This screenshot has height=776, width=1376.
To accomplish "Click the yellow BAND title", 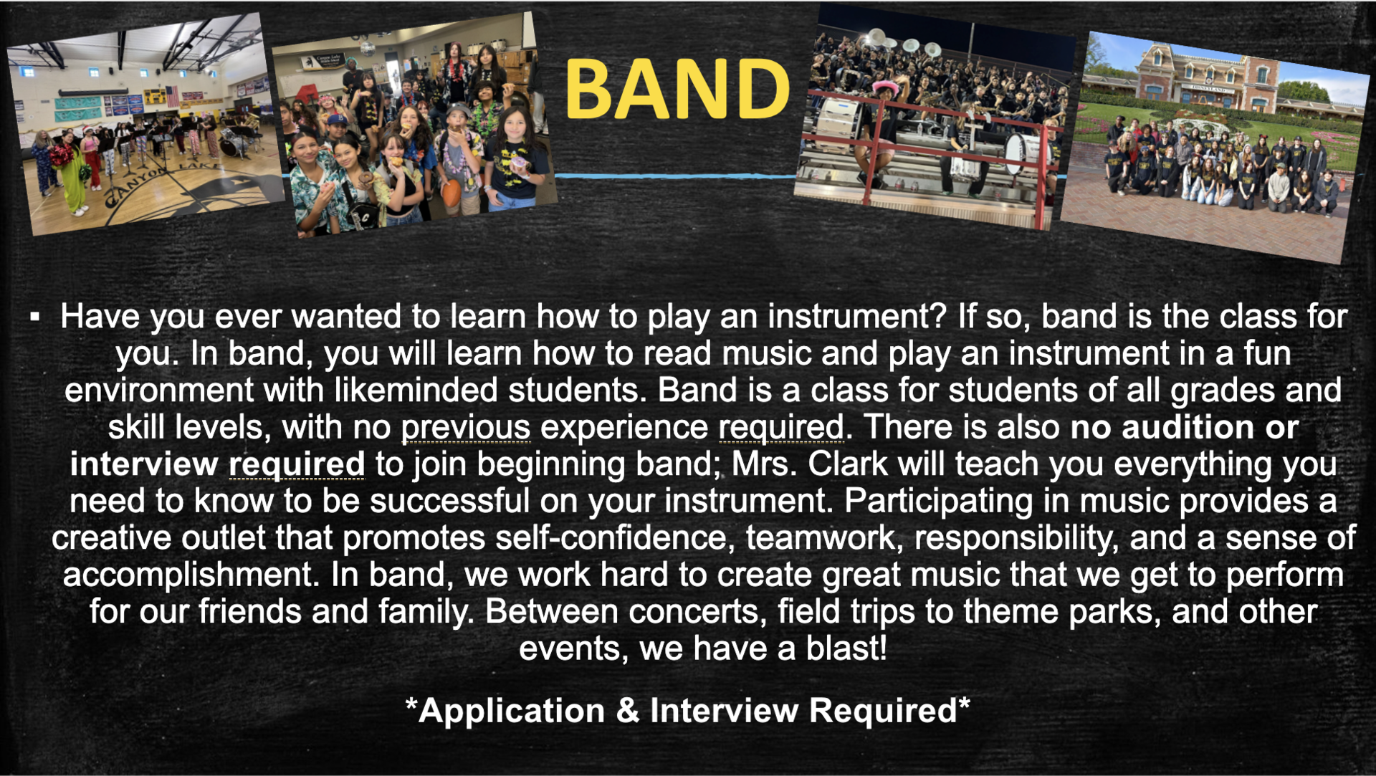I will pos(677,90).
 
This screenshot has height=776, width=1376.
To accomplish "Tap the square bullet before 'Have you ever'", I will pos(34,316).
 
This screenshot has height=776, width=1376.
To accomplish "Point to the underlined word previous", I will pos(465,428).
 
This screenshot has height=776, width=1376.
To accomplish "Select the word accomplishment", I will pos(191,575).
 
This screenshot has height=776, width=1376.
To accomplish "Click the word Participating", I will pos(938,501).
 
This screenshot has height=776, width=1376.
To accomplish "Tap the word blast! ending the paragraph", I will pos(846,649).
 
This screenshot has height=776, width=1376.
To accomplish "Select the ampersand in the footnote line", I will pos(628,711).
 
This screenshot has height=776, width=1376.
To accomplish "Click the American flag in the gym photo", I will pos(171,95).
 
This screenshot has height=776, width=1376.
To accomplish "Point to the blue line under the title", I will pos(674,175).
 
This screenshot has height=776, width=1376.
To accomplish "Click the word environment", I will pos(158,391).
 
